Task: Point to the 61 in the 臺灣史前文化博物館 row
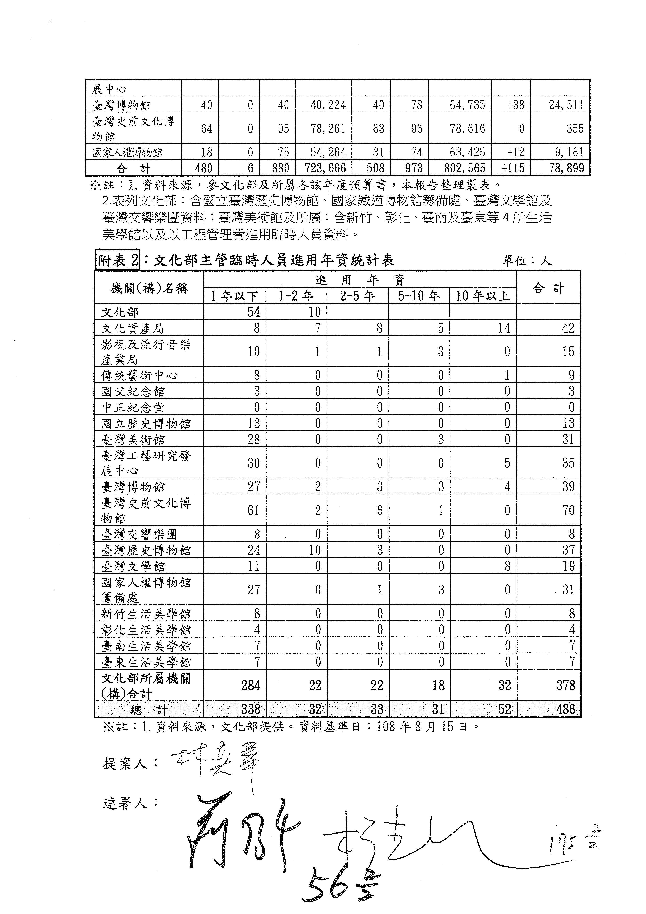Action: click(x=253, y=510)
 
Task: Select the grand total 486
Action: click(x=566, y=709)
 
